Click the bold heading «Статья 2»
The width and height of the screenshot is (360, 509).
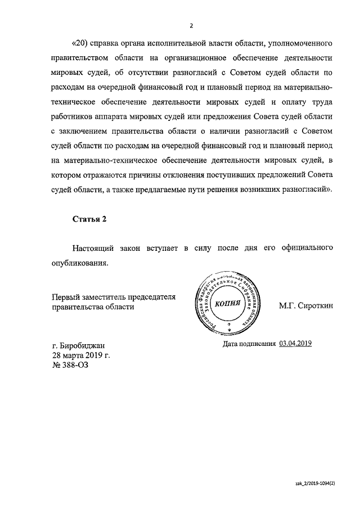(x=89, y=219)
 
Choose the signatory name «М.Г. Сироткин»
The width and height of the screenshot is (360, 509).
(x=305, y=306)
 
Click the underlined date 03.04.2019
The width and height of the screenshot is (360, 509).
(x=295, y=343)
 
